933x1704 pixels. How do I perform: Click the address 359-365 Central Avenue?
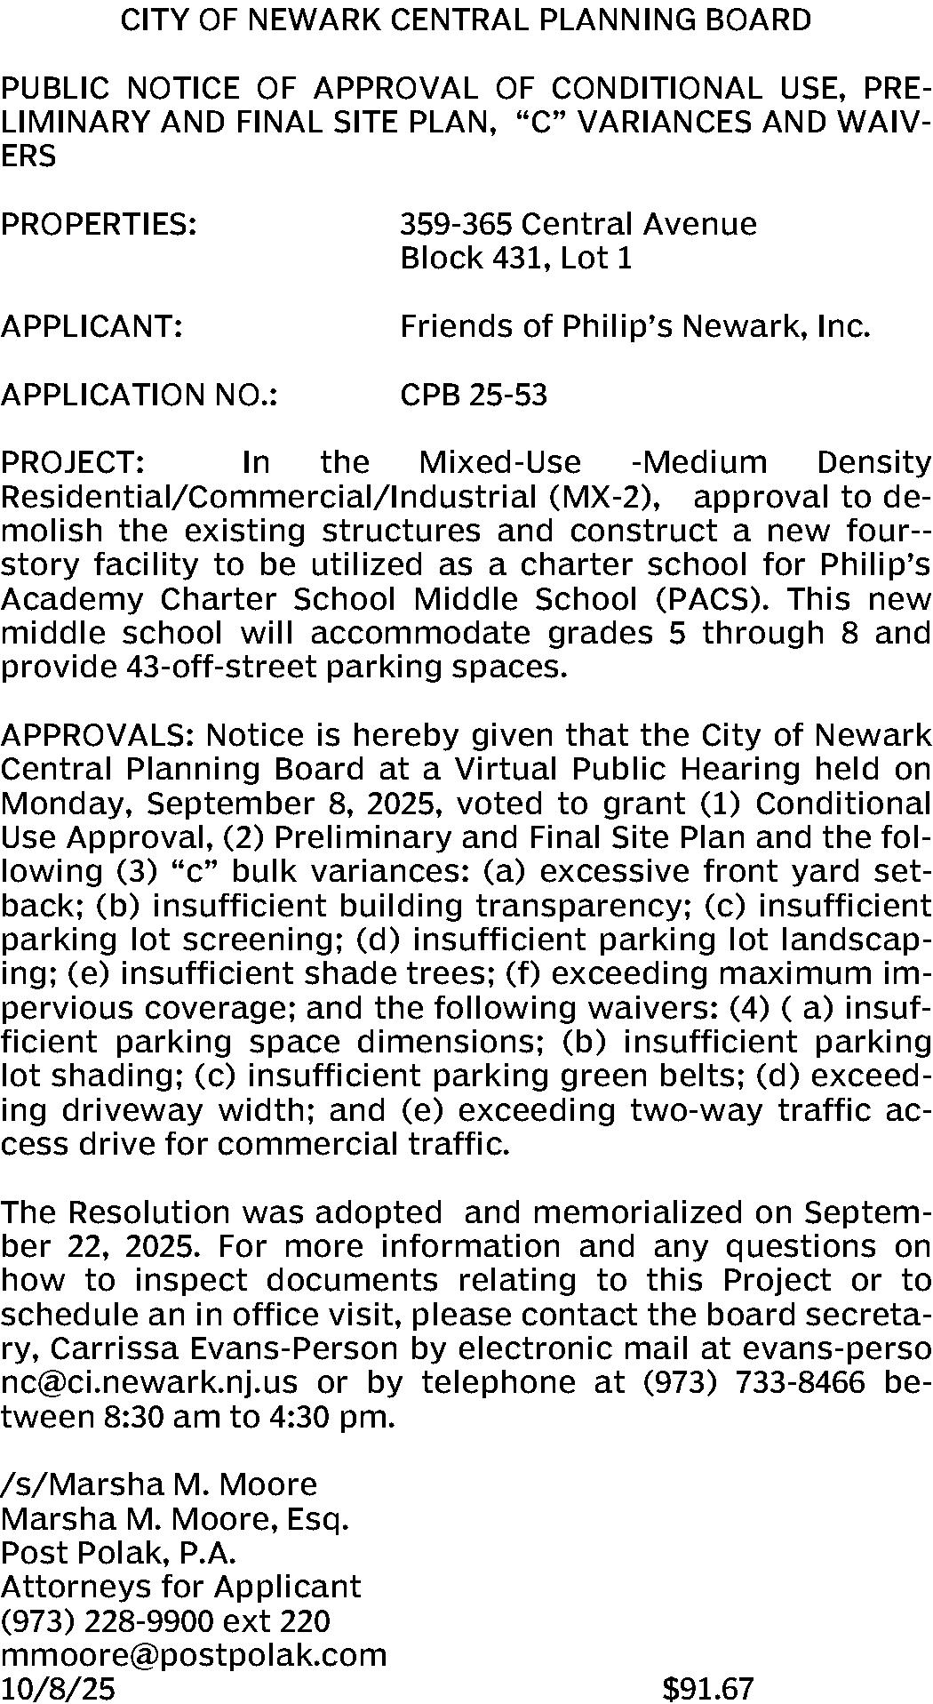click(578, 223)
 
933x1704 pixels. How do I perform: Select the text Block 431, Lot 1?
click(515, 258)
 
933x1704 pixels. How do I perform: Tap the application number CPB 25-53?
click(473, 394)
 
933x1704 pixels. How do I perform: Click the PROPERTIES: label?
click(99, 223)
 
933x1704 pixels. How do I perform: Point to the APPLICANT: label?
click(92, 326)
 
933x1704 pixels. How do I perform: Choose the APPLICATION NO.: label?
click(140, 394)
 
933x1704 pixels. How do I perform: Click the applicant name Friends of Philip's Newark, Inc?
click(634, 326)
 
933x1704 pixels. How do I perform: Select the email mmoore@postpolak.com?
click(194, 1654)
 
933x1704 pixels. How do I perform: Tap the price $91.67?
click(707, 1688)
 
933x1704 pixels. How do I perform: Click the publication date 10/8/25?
click(58, 1688)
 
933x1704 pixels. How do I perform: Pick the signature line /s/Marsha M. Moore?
click(159, 1484)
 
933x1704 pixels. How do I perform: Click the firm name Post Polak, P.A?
click(119, 1552)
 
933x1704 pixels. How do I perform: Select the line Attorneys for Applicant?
click(180, 1587)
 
